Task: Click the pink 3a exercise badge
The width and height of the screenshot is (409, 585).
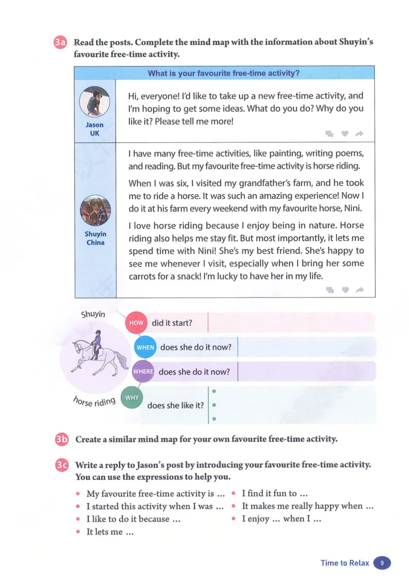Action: [60, 42]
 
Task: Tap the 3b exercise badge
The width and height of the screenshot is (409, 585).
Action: [62, 439]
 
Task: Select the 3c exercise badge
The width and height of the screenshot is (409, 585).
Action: [62, 465]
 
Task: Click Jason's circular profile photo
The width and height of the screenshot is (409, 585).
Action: [94, 101]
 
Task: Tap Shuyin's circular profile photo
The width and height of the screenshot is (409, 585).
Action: [95, 210]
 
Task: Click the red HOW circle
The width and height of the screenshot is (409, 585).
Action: [136, 323]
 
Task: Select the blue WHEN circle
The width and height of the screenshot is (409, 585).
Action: [145, 347]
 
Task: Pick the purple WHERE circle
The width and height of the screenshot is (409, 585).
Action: [143, 371]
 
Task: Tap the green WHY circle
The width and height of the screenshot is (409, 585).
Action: [132, 397]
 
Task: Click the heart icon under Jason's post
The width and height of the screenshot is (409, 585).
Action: [345, 133]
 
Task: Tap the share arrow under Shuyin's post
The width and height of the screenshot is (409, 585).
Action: [360, 290]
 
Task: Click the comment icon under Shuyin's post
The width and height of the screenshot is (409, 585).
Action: [330, 290]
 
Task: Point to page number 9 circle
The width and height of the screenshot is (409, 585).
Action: [382, 563]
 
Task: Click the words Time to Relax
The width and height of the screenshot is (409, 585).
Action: [345, 563]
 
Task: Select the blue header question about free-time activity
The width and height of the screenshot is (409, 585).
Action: [223, 73]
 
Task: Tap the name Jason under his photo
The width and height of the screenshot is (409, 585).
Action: [94, 125]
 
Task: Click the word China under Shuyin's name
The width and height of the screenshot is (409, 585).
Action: [95, 242]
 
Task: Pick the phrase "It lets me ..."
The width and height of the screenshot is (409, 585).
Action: [110, 532]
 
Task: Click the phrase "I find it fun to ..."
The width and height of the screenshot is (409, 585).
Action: [275, 493]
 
